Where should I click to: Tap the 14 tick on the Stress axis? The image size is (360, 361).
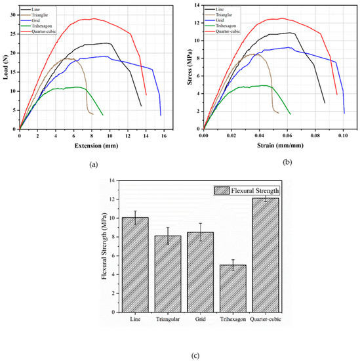pyautogui.click(x=195, y=5)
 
